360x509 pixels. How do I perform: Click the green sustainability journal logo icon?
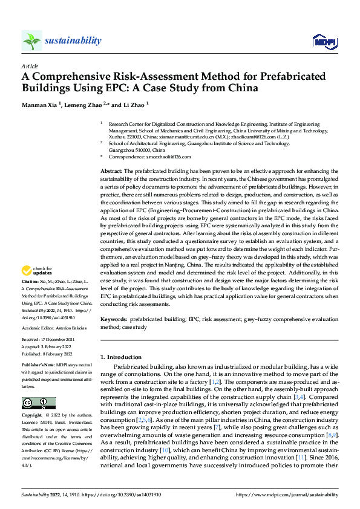pyautogui.click(x=32, y=41)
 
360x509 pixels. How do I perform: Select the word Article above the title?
pyautogui.click(x=30, y=66)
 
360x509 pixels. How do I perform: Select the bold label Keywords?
pyautogui.click(x=113, y=318)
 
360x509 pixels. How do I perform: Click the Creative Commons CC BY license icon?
pyautogui.click(x=39, y=403)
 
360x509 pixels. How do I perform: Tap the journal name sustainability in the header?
pyautogui.click(x=73, y=41)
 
